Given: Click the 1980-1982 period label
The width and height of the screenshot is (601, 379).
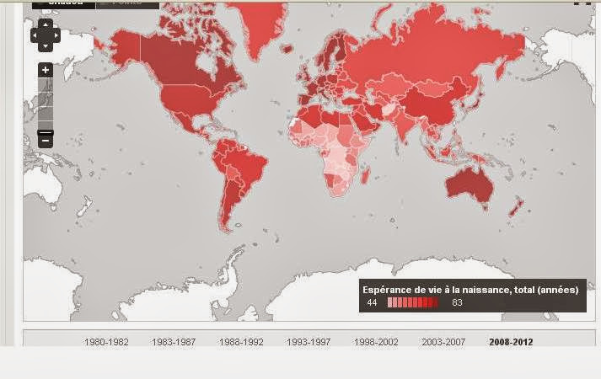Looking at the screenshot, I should click(106, 342).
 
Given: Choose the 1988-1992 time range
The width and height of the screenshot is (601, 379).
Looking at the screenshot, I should click(241, 342).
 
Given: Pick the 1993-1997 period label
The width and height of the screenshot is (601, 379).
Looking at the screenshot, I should click(309, 342).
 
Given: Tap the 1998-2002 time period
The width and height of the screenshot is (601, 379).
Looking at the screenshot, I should click(376, 342).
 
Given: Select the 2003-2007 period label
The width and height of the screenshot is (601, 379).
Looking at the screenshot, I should click(443, 342).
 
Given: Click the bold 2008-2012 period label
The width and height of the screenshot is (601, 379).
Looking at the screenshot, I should click(511, 342).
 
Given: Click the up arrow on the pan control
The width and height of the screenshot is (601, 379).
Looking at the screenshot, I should click(46, 24).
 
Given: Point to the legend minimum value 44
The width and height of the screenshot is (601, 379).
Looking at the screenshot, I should click(372, 302).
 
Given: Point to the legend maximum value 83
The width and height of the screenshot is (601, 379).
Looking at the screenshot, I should click(457, 302).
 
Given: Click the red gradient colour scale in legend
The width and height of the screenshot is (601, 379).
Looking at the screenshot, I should click(412, 302).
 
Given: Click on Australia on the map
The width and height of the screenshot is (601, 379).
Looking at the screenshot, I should click(469, 180).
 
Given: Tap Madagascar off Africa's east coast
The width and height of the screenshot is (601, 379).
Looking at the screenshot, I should click(365, 175).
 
